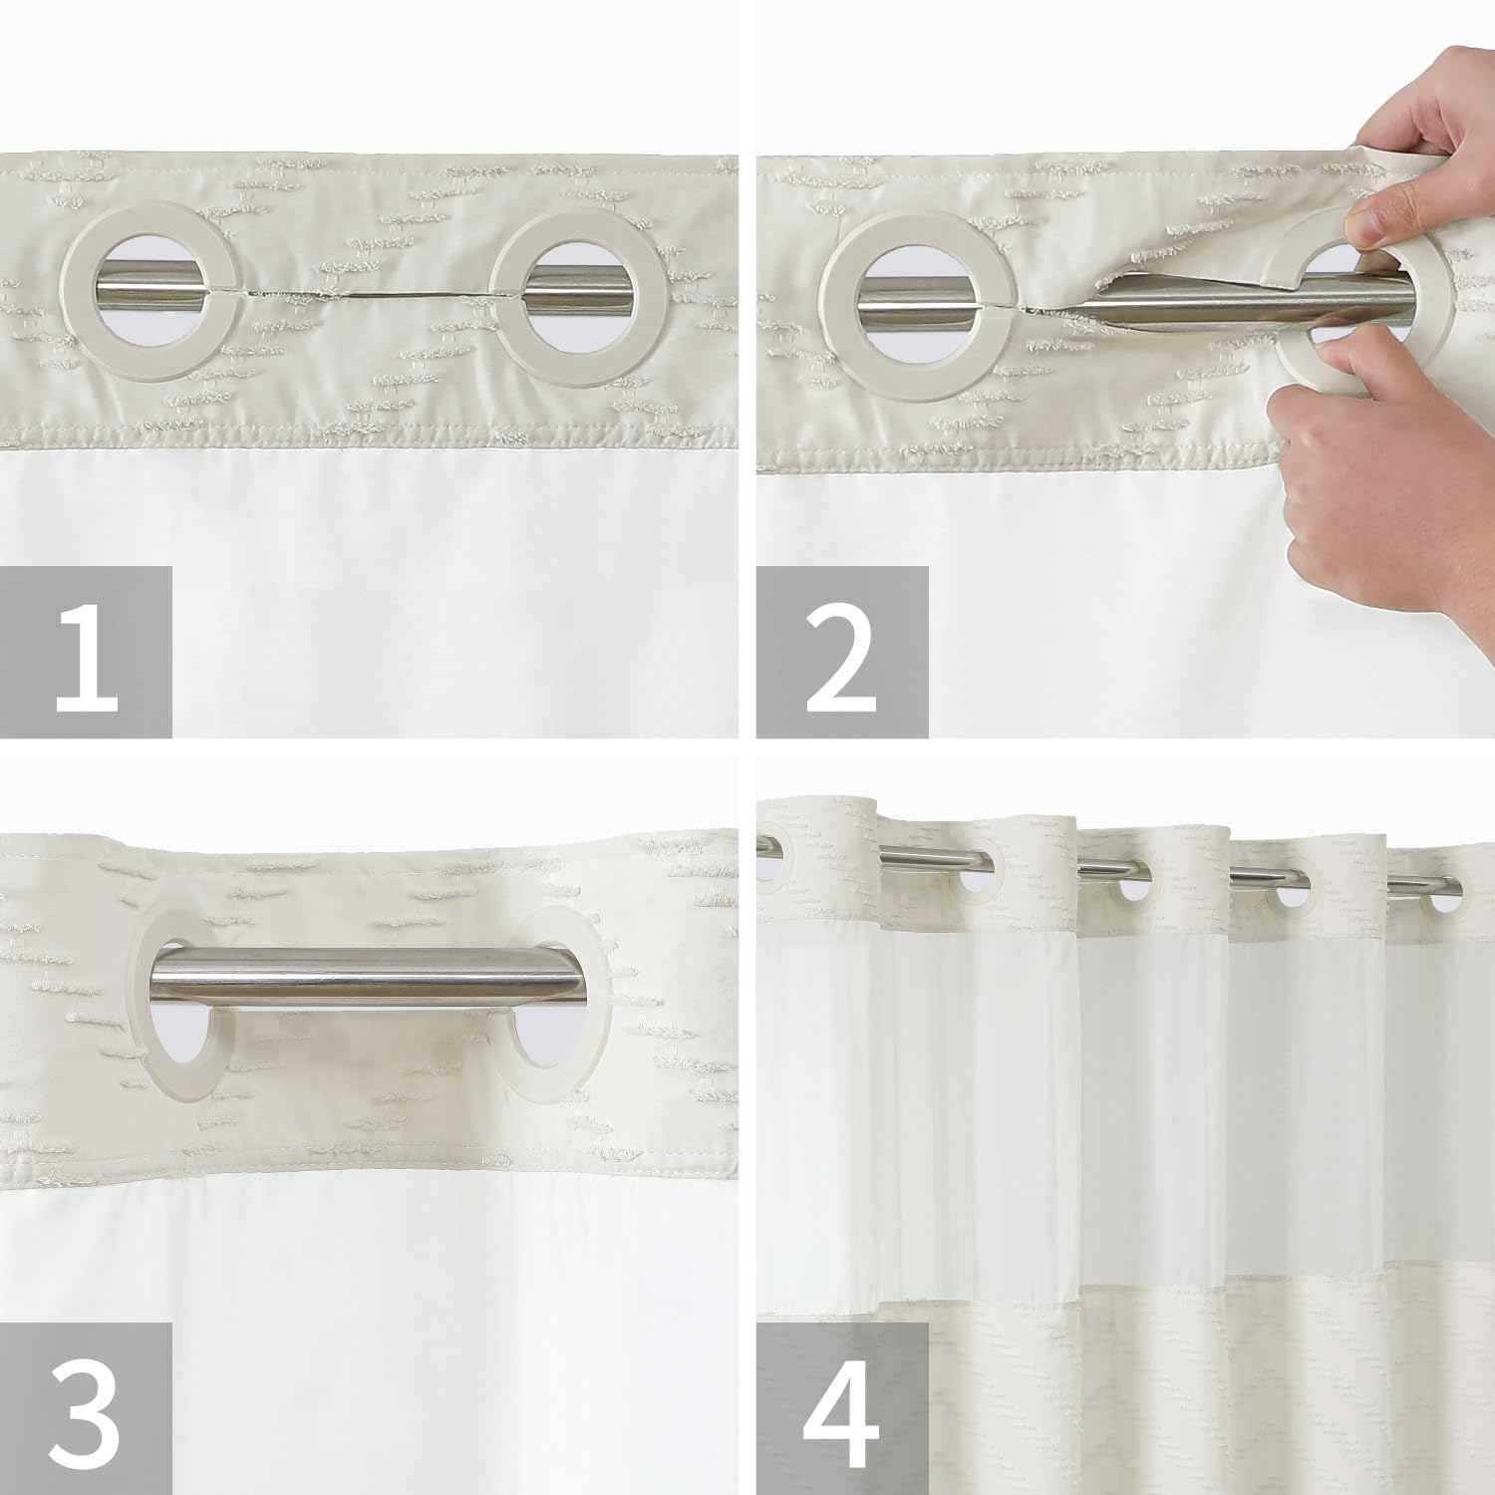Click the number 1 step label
(86, 652)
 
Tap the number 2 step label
(842, 652)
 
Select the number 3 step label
(86, 1409)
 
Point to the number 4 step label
(842, 1409)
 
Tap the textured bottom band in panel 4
(1126, 1395)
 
